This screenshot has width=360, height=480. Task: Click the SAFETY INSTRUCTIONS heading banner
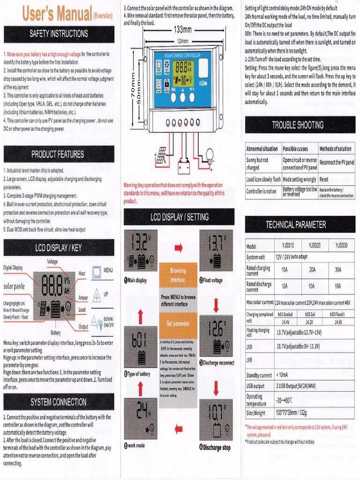point(59,34)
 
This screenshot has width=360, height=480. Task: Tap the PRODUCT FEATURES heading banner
point(59,154)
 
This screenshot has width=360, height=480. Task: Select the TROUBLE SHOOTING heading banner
point(298,125)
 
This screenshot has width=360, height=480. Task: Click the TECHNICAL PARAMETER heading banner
point(298,225)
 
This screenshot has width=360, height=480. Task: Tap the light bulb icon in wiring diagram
point(210,154)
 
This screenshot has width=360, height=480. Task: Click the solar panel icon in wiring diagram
point(161,156)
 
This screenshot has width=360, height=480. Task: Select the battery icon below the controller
point(183,167)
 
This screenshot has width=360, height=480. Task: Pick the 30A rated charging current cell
point(338,270)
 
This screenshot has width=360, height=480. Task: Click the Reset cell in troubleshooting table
point(324,179)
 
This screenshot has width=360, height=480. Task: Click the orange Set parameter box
point(178,323)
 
